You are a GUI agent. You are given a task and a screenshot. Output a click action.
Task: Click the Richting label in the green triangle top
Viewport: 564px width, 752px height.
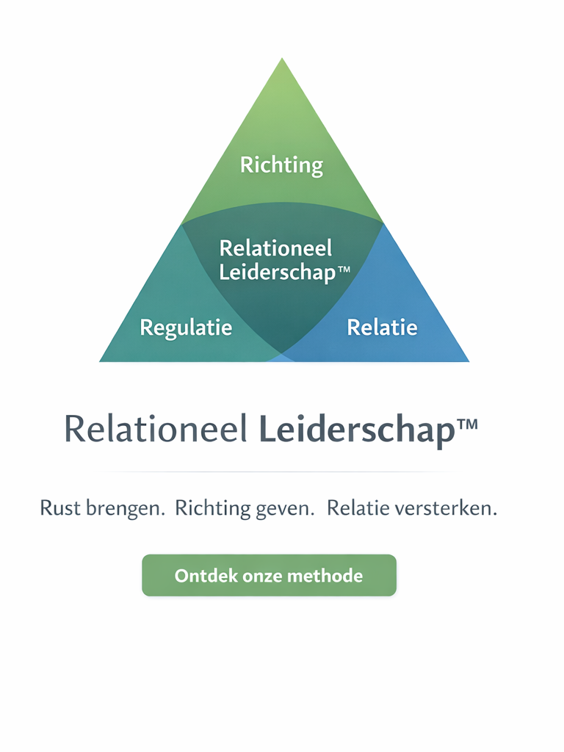[x=281, y=164]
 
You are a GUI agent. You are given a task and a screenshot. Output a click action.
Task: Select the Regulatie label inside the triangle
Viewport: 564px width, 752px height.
[x=186, y=327]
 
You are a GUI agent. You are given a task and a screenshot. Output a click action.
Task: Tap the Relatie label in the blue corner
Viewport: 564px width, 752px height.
[x=382, y=327]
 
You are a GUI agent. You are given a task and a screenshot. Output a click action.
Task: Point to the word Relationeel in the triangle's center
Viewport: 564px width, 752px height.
[x=275, y=248]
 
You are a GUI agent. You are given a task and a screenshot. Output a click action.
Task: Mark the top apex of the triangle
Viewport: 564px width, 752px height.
[x=282, y=60]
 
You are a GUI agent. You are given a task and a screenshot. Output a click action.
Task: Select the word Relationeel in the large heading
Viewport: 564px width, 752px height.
[x=156, y=429]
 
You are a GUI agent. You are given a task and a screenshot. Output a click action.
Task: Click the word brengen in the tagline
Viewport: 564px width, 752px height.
[x=126, y=509]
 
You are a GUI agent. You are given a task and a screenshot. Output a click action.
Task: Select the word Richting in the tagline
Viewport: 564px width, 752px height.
[x=211, y=509]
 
